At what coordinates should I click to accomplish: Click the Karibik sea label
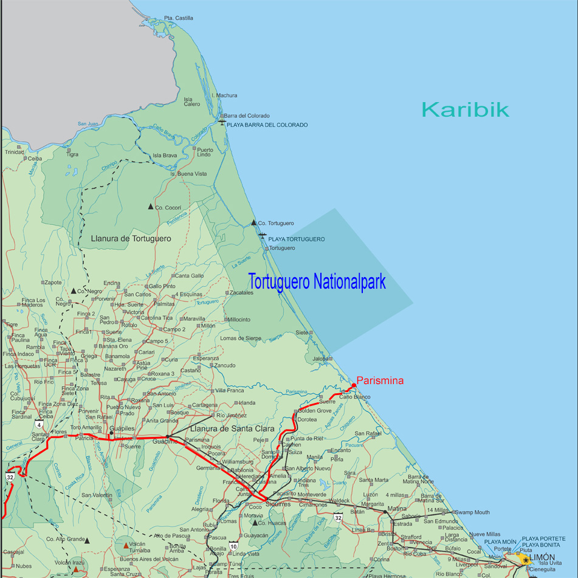[465, 109]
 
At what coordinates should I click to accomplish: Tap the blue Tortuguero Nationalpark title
[317, 283]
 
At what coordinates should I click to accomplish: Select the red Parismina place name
[380, 380]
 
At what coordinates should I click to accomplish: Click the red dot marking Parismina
[354, 385]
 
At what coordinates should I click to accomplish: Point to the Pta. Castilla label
[179, 18]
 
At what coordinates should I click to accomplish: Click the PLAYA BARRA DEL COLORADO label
[267, 125]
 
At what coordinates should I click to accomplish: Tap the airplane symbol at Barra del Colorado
[222, 123]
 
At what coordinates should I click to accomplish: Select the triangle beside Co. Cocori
[151, 207]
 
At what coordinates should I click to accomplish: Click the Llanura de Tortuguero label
[131, 239]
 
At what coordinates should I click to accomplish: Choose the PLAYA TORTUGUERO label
[296, 239]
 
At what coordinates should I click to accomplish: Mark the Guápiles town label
[122, 428]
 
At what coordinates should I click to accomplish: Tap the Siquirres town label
[278, 504]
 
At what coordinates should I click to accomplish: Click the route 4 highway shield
[39, 424]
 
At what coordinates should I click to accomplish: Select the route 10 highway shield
[233, 546]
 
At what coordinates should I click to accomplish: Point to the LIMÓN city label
[542, 557]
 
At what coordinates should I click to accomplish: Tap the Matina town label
[397, 508]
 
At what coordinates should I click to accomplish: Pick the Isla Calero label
[191, 101]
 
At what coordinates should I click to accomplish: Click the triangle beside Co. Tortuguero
[253, 222]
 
